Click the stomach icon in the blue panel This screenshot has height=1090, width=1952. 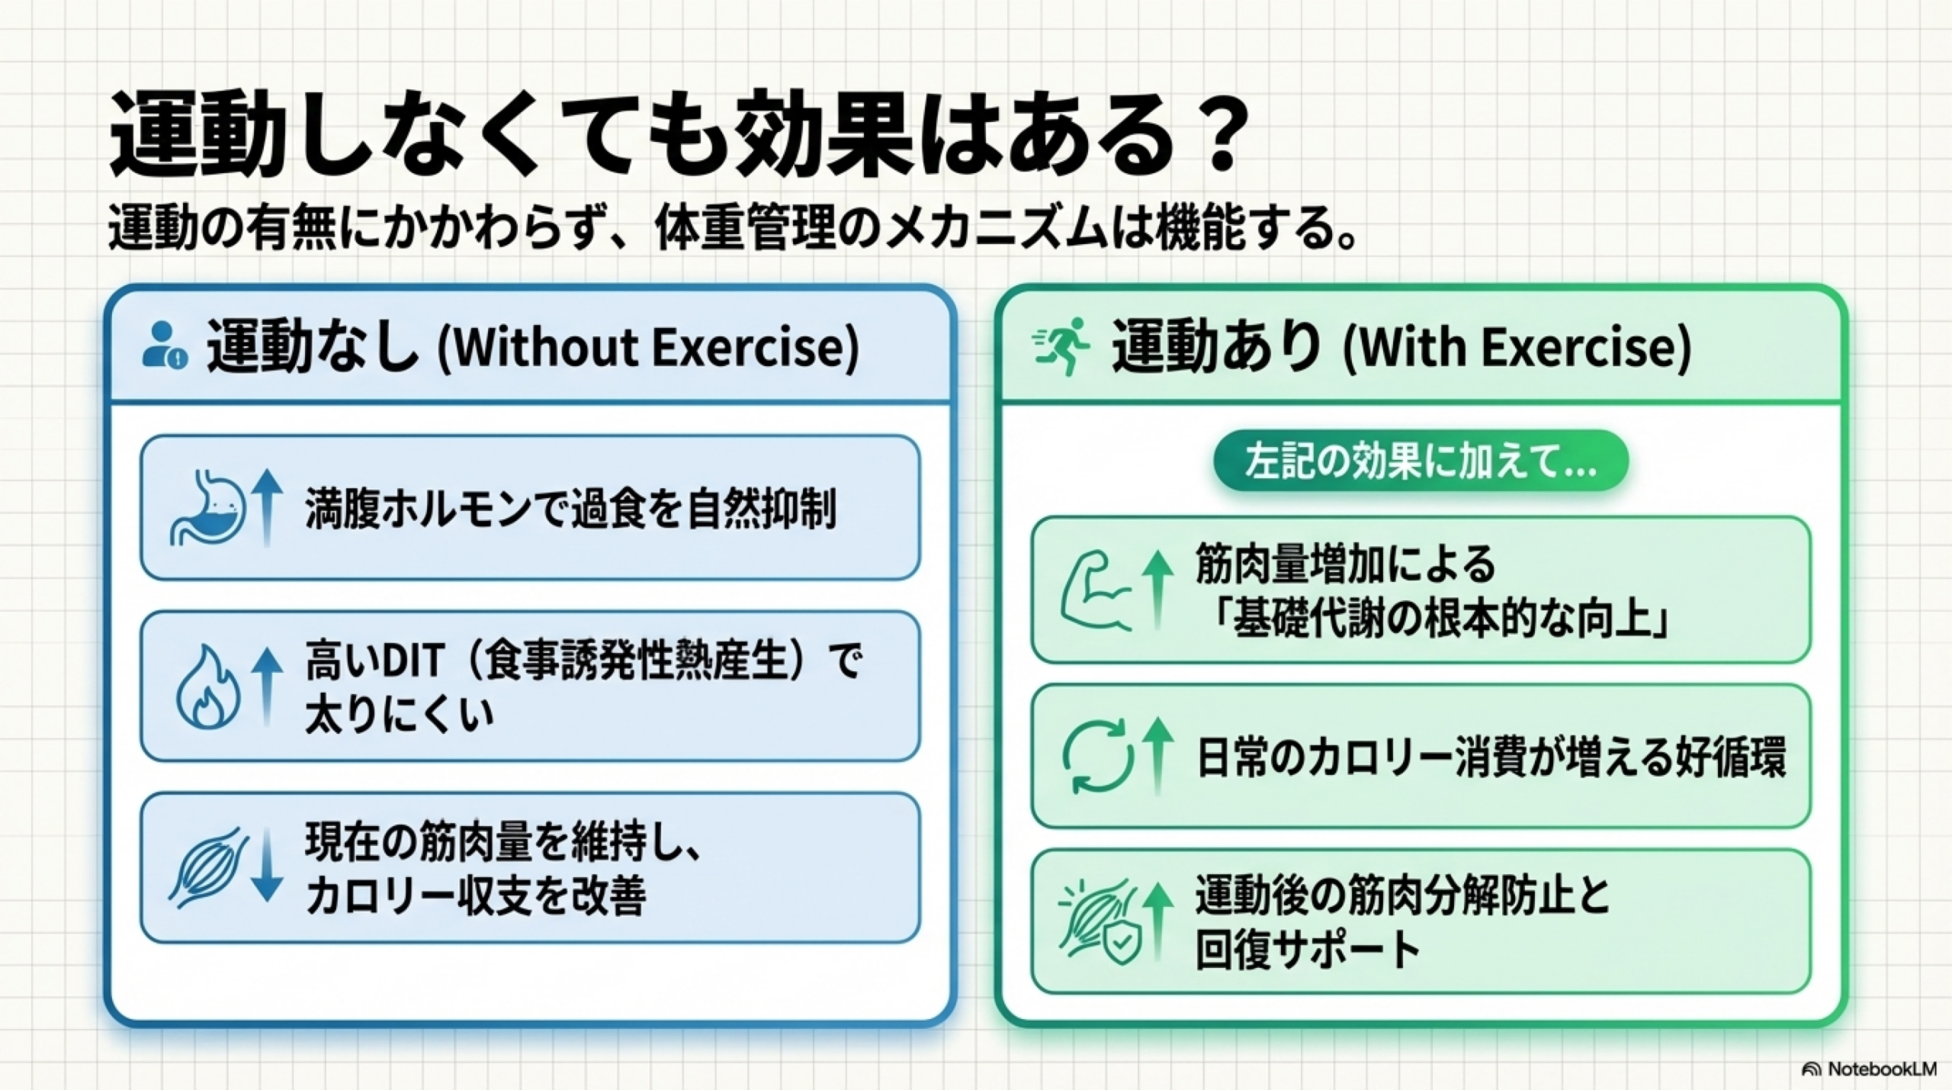(x=207, y=508)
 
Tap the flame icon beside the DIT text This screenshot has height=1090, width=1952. (x=207, y=686)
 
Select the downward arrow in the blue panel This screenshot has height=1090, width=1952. (x=267, y=867)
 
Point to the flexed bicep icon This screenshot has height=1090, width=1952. (x=1096, y=590)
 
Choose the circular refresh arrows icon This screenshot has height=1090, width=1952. (x=1097, y=757)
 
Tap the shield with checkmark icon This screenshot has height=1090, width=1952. (x=1122, y=943)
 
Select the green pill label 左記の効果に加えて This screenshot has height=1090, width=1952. (x=1421, y=461)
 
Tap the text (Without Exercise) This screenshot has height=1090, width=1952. (x=648, y=347)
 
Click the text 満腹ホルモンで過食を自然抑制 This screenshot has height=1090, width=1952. (x=571, y=509)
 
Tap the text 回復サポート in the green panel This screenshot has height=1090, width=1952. (x=1307, y=950)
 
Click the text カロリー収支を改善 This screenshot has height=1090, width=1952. (x=476, y=895)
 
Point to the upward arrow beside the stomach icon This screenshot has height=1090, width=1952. (x=267, y=507)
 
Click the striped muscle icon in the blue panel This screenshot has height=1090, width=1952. (x=208, y=867)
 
